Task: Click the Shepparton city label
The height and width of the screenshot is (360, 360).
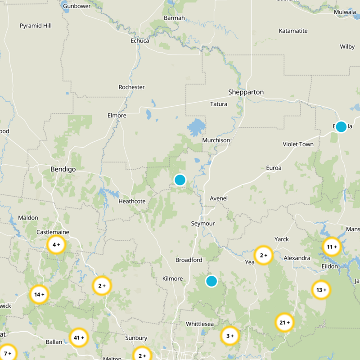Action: pos(246,92)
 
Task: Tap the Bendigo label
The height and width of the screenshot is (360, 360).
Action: pos(63,169)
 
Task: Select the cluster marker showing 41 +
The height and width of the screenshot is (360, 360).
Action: pos(79,337)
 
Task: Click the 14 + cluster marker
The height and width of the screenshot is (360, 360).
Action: pos(40,295)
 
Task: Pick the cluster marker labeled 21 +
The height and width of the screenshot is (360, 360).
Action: pos(284,323)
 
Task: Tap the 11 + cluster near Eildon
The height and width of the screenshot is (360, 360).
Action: pos(332,247)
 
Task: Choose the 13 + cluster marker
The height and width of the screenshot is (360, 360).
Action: pos(321,290)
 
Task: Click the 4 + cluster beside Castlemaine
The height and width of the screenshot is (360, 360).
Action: pos(56,245)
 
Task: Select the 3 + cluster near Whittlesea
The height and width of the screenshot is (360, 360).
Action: pos(229,336)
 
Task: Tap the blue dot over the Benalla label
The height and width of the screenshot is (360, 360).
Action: pos(341,126)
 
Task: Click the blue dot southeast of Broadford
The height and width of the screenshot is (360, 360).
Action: pos(211,281)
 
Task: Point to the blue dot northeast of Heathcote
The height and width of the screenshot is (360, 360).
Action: pos(180,180)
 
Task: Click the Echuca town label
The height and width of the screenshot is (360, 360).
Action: pos(139,40)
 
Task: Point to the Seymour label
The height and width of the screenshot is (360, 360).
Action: pos(203,224)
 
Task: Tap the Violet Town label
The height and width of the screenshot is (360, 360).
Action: pos(298,144)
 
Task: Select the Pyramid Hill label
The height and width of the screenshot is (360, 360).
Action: pos(36,26)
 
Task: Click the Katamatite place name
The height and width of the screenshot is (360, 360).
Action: pos(293,31)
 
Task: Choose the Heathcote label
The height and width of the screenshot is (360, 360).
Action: pos(132,201)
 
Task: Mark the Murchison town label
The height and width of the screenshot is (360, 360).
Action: pos(216,140)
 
